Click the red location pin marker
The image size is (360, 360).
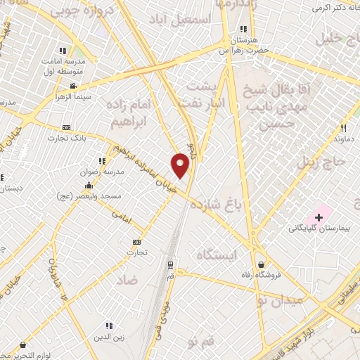tap(180, 165)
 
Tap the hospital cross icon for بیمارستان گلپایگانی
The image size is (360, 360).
tap(319, 218)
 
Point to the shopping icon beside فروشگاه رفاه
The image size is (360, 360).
tap(262, 264)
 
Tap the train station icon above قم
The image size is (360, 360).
tap(170, 264)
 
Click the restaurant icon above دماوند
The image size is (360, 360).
tap(344, 129)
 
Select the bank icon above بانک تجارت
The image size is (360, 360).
tap(67, 127)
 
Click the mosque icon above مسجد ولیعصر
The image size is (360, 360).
tap(89, 185)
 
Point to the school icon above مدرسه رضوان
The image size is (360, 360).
tap(103, 160)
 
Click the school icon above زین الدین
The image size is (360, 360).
tap(109, 326)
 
